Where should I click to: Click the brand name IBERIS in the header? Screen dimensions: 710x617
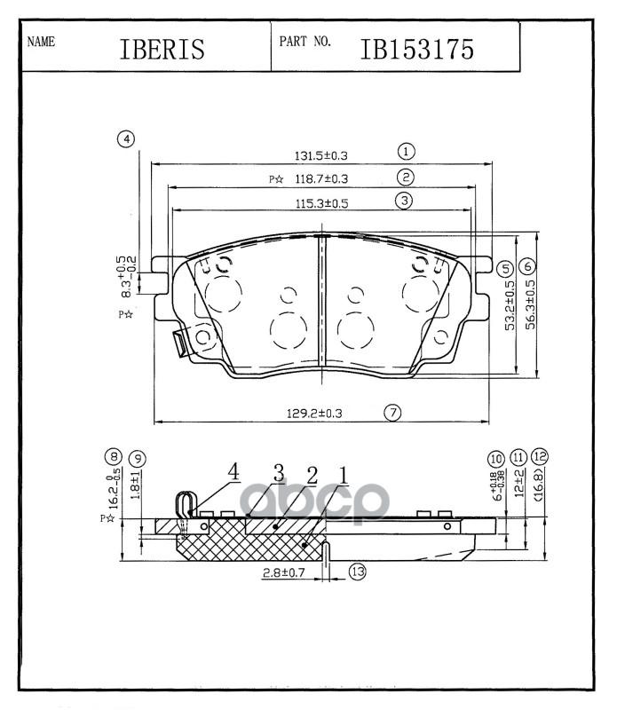coord(162,50)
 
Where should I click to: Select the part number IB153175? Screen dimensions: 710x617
coord(416,49)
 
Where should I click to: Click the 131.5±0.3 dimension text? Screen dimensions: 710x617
coord(320,155)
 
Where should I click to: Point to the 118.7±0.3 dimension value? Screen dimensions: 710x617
coord(320,178)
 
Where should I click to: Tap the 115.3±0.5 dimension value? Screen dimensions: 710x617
coord(321,202)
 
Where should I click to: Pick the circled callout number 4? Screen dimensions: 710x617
coord(127,139)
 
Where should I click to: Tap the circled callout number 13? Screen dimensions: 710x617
coord(357,572)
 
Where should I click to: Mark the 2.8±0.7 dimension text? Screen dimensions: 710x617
coord(286,574)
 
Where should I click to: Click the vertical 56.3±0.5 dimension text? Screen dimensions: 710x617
coord(531,306)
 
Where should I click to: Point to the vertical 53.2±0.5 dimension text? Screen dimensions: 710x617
coord(510,306)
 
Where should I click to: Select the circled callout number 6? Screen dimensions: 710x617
coord(527,266)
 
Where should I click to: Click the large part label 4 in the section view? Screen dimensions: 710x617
coord(233,471)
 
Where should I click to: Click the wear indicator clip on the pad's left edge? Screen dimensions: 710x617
coord(182,341)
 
